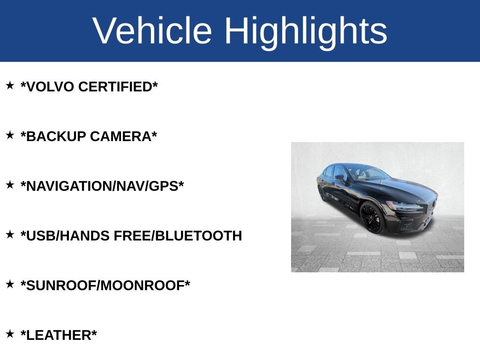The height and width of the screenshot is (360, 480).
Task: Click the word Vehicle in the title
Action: (152, 31)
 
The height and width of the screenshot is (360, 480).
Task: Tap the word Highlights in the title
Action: (306, 31)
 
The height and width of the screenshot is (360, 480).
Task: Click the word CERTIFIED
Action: (118, 87)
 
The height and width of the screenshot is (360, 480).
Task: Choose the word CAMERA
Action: (123, 137)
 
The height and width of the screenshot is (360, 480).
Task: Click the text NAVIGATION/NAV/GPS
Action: (102, 187)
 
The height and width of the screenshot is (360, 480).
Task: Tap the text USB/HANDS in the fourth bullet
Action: (65, 236)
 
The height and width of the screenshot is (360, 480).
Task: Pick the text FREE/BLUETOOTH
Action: (178, 236)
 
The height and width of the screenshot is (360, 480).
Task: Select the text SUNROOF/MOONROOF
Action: (105, 286)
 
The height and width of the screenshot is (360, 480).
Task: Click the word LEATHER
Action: (59, 336)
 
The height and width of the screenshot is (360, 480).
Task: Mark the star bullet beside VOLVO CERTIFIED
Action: (10, 85)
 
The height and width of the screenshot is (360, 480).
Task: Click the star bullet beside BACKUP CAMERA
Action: (10, 135)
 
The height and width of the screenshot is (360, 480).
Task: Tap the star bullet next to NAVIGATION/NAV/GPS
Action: (10, 185)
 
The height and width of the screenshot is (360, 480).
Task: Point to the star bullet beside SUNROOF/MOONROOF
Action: (10, 284)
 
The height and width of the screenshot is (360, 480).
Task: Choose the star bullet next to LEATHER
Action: (10, 334)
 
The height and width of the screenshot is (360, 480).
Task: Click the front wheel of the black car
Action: (372, 218)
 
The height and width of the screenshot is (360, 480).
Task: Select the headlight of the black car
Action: (403, 205)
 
